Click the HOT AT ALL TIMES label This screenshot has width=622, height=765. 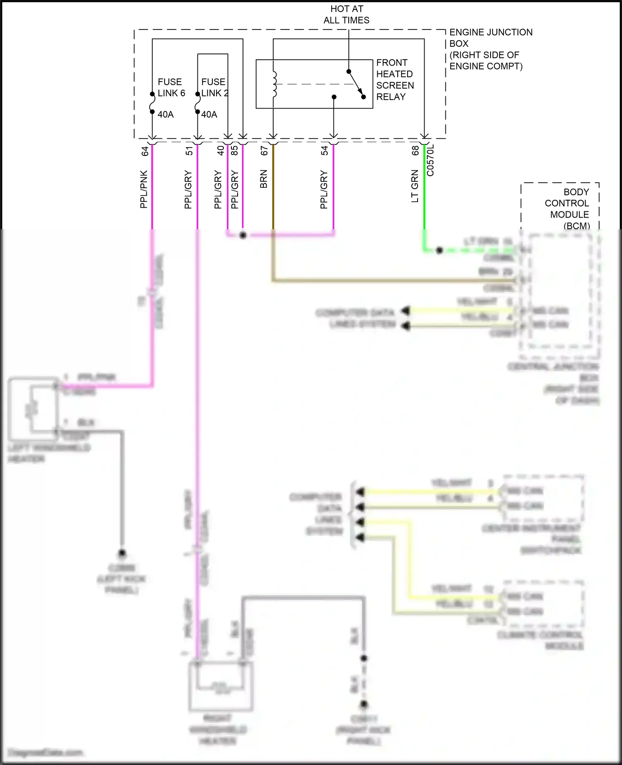pyautogui.click(x=346, y=15)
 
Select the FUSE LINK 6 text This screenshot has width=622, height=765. pyautogui.click(x=171, y=87)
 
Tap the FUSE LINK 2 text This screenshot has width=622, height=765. pyautogui.click(x=214, y=87)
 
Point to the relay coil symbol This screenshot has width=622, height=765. pyautogui.click(x=274, y=85)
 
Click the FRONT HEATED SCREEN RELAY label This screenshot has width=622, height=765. pyautogui.click(x=395, y=80)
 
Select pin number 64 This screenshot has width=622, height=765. pyautogui.click(x=145, y=151)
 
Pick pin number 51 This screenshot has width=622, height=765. pyautogui.click(x=189, y=151)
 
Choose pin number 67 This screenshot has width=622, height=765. pyautogui.click(x=264, y=151)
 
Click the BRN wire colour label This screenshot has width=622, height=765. pyautogui.click(x=264, y=179)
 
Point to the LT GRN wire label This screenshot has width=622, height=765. pyautogui.click(x=415, y=186)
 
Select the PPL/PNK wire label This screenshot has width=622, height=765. pyautogui.click(x=143, y=189)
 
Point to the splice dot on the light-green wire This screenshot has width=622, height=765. pyautogui.click(x=440, y=250)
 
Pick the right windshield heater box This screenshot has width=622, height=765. pyautogui.click(x=221, y=686)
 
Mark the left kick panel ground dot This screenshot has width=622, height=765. pyautogui.click(x=122, y=553)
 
